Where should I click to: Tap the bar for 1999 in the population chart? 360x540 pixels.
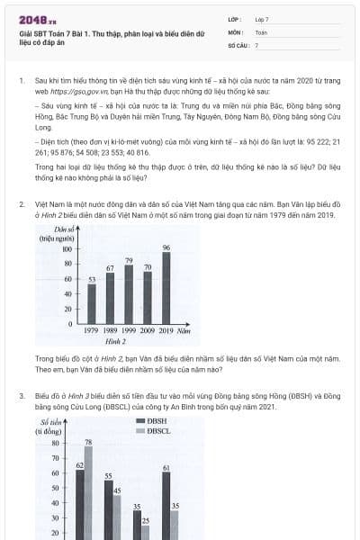click(x=129, y=293)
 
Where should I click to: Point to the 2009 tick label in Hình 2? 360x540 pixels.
click(x=147, y=331)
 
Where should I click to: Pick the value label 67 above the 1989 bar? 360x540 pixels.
click(x=110, y=268)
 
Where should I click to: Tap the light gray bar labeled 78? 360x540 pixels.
click(x=88, y=490)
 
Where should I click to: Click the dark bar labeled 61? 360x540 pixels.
click(x=166, y=504)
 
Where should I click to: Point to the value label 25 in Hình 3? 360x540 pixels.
click(x=146, y=521)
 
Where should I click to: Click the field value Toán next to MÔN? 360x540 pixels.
click(x=261, y=31)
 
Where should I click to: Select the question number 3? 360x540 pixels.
click(x=22, y=394)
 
